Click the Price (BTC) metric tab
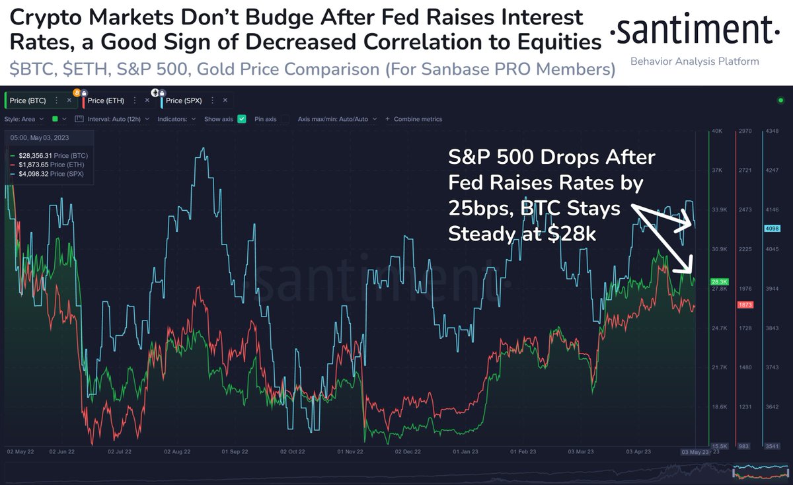[27, 100]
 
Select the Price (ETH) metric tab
[105, 100]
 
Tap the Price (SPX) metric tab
[183, 100]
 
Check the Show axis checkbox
[242, 119]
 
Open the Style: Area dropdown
[24, 119]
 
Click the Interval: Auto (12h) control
[113, 119]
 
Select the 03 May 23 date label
[695, 452]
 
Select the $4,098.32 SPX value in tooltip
[36, 173]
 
